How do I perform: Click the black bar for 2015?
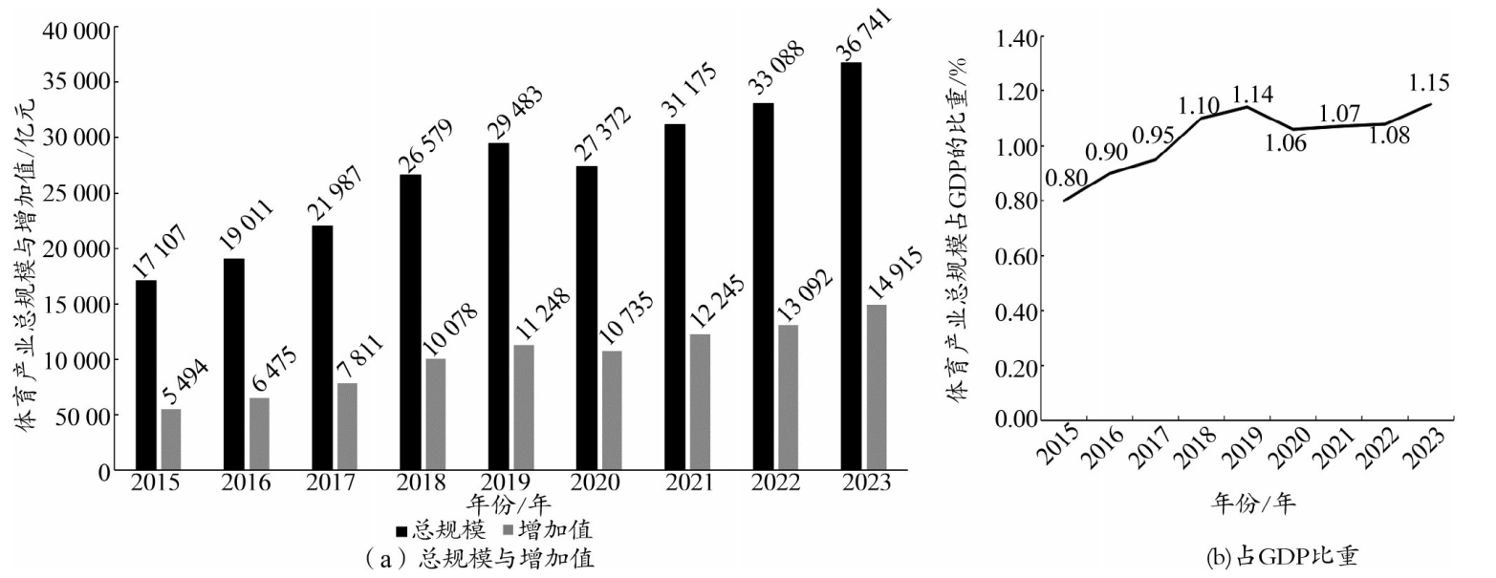[x=145, y=375]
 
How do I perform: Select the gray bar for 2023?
[x=877, y=387]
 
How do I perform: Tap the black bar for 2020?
[x=586, y=318]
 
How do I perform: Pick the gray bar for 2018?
[x=436, y=415]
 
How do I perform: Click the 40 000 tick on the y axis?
[x=75, y=32]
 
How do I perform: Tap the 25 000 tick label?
[x=75, y=194]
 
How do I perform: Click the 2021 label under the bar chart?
[x=688, y=482]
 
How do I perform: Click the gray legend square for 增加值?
[x=508, y=531]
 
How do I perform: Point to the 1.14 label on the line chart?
[x=1252, y=95]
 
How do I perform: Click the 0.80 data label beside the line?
[x=1067, y=179]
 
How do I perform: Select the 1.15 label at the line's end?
[x=1429, y=83]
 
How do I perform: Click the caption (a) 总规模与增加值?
[x=479, y=558]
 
